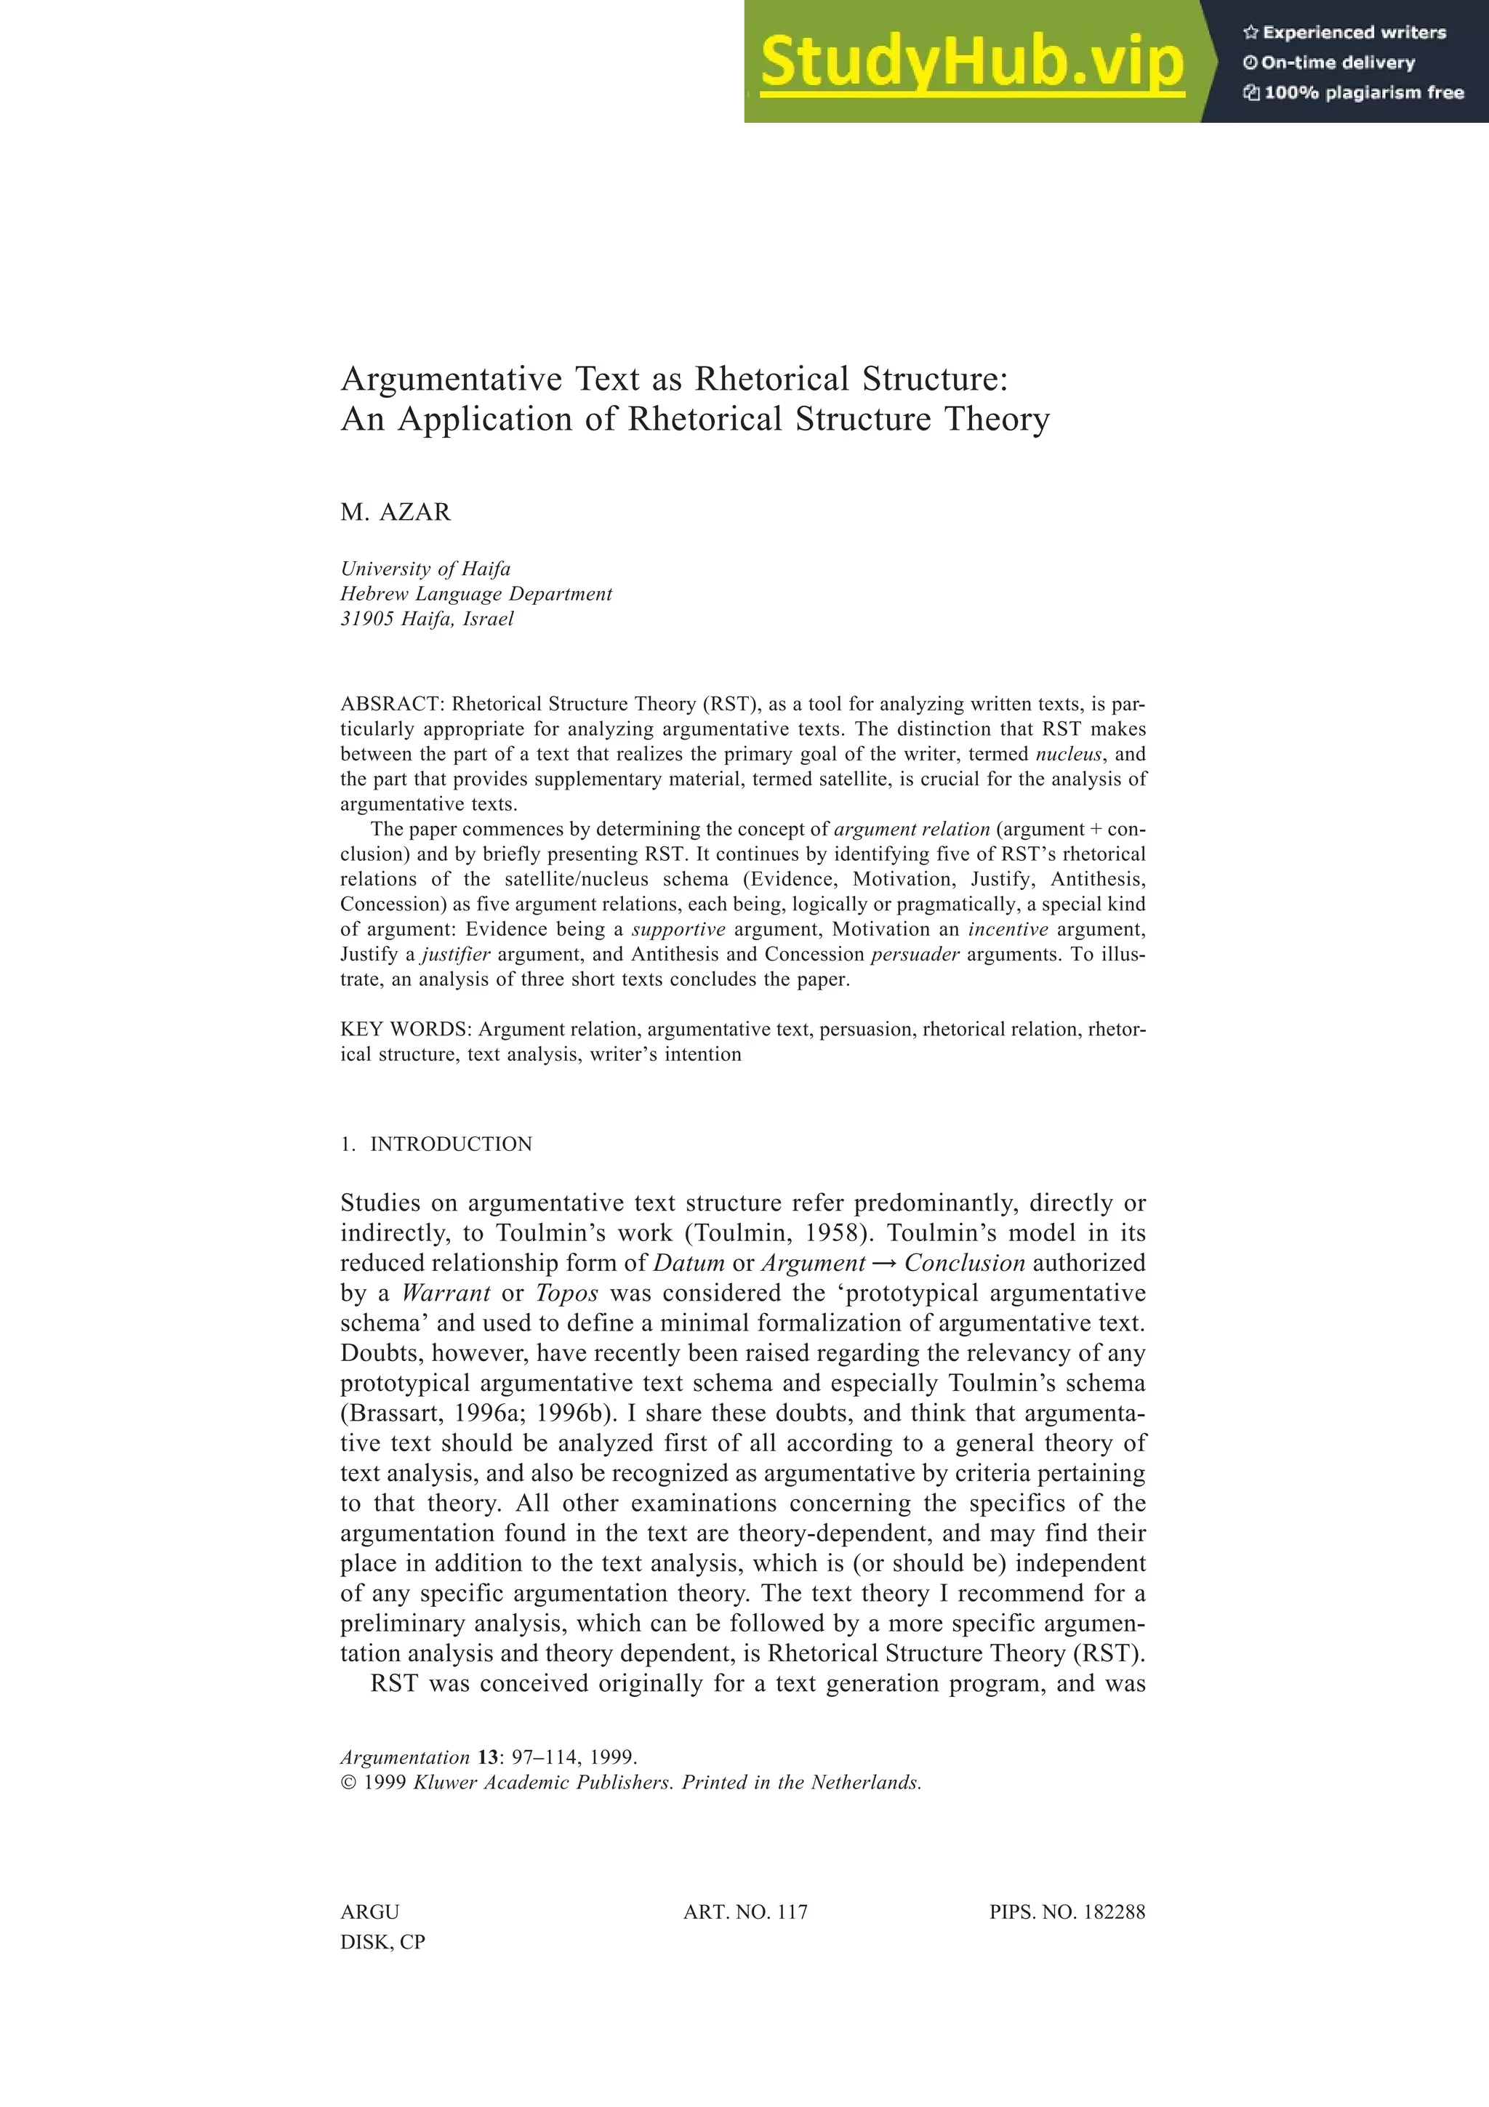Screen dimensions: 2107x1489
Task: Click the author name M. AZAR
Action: point(396,512)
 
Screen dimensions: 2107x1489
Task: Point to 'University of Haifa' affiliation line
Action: point(425,569)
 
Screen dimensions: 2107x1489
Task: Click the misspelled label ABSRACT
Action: point(392,705)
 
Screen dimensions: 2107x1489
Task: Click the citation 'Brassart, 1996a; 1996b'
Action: point(472,1413)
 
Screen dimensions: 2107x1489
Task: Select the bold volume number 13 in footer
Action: point(487,1757)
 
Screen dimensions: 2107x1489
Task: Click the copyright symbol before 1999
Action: point(348,1783)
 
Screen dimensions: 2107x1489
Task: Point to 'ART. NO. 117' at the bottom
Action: point(745,1912)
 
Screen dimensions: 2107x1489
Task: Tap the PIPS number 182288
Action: point(1114,1912)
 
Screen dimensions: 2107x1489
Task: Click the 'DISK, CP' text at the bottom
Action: point(382,1942)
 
